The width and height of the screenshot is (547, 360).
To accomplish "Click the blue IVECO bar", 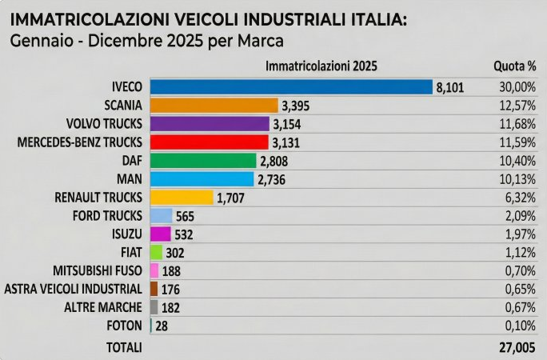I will click(x=291, y=87).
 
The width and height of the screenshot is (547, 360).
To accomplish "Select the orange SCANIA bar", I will click(x=214, y=106).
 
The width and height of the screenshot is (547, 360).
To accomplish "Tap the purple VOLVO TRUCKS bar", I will click(x=210, y=124).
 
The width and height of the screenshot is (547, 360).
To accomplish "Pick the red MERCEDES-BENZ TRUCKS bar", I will click(x=209, y=142).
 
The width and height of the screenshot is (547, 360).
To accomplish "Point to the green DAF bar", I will click(x=203, y=161).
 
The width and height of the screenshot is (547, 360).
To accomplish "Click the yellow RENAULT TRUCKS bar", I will click(x=182, y=198).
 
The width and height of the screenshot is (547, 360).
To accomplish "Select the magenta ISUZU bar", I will click(x=161, y=234).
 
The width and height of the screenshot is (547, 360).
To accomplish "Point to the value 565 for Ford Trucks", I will click(x=186, y=216).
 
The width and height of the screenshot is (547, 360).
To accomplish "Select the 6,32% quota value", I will click(x=519, y=198).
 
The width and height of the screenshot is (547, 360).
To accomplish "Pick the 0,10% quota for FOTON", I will click(x=519, y=326).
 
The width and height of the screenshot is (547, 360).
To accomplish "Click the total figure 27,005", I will click(x=514, y=347).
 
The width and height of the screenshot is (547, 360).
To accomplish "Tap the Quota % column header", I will click(x=514, y=66).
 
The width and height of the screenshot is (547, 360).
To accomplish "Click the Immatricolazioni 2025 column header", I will click(x=321, y=66).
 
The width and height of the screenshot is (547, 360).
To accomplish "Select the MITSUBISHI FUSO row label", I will click(x=98, y=270).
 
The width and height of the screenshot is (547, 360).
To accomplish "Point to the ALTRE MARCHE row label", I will click(x=103, y=307).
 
